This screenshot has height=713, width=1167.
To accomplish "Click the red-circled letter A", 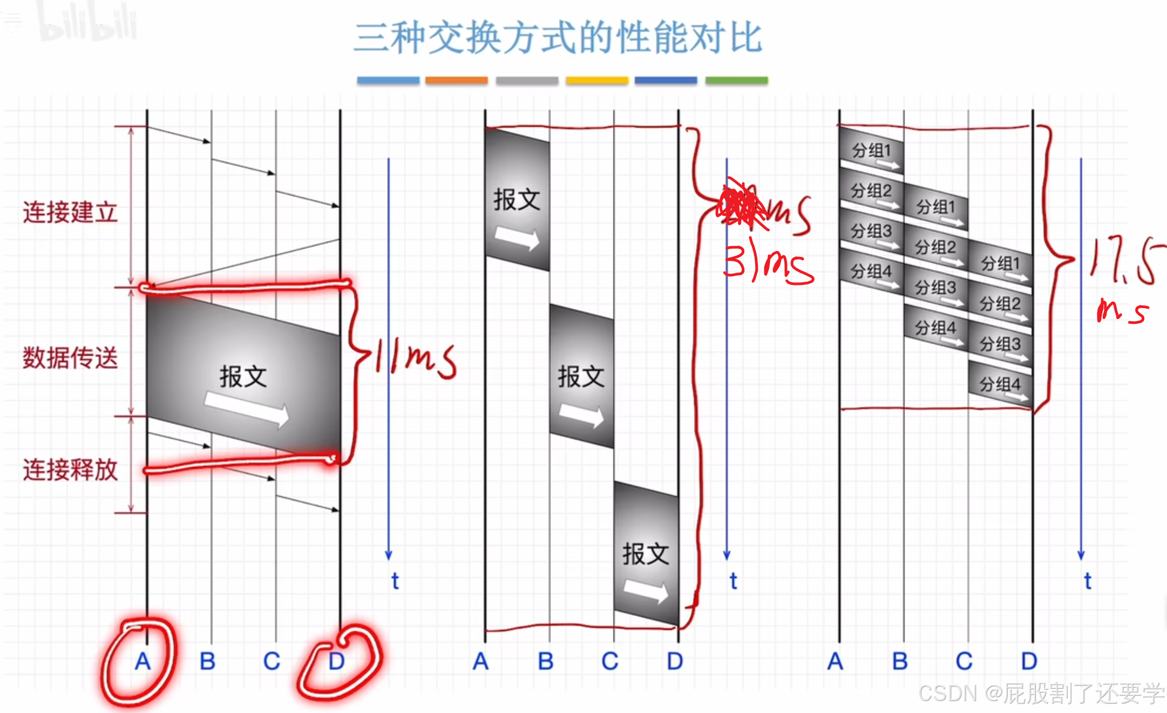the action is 143,661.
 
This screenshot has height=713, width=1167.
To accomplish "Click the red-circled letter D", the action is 336,661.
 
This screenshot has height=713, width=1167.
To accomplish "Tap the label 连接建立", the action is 70,212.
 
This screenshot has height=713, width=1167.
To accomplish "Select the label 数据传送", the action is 70,358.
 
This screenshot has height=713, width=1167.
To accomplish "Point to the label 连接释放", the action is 70,469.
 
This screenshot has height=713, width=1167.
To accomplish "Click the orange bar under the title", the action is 456,80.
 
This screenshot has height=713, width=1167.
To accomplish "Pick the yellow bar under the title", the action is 597,80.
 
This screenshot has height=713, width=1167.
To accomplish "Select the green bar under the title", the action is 736,80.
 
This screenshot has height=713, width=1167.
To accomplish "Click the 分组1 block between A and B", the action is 871,151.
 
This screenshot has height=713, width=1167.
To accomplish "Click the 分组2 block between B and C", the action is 935,248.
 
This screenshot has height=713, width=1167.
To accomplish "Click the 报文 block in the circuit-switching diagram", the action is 243,376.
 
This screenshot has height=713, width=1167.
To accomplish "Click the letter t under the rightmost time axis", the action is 1088,581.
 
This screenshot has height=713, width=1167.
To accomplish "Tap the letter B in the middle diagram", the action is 546,661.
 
